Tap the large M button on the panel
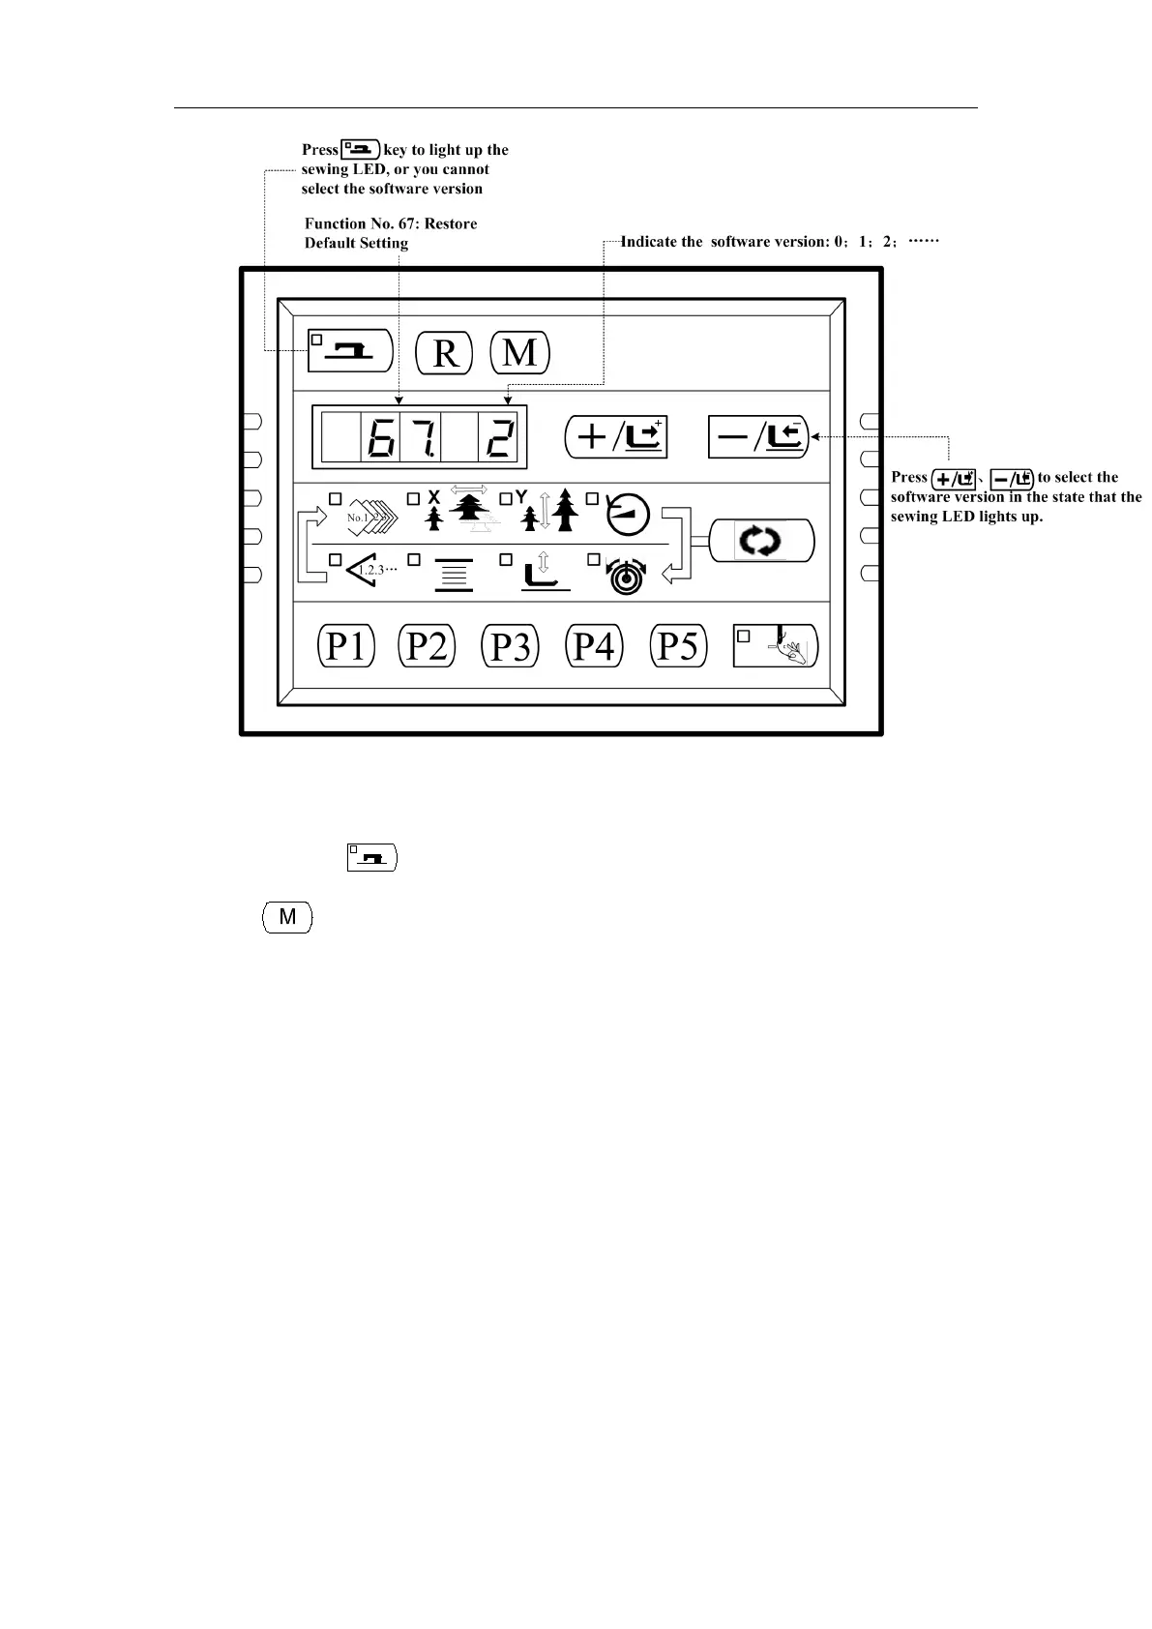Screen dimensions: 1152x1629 [x=520, y=352]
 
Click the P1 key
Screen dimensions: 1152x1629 [x=346, y=645]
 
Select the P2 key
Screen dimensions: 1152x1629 [x=427, y=645]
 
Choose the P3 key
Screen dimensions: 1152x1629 [x=510, y=646]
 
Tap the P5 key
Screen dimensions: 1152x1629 [x=678, y=645]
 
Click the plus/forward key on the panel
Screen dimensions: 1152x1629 [x=616, y=437]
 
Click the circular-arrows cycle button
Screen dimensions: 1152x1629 [x=762, y=541]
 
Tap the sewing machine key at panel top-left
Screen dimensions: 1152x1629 [x=349, y=350]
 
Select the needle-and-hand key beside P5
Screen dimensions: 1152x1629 [x=776, y=645]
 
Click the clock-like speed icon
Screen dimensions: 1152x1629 [x=628, y=516]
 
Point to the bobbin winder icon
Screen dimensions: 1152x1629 [x=627, y=577]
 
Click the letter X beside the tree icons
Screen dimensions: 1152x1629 [x=433, y=496]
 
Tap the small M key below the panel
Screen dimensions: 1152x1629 [x=287, y=917]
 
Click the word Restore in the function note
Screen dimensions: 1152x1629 [x=451, y=223]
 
